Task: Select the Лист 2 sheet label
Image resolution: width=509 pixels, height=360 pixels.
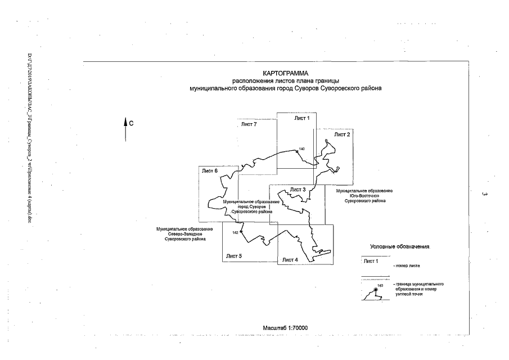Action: tap(342, 134)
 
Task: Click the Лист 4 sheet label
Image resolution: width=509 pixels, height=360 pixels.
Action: tap(290, 259)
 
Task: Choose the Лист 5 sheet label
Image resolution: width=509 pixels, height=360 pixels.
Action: tap(234, 256)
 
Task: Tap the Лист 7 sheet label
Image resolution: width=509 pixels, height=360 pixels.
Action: tap(249, 124)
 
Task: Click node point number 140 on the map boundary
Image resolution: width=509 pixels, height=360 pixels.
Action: tap(296, 150)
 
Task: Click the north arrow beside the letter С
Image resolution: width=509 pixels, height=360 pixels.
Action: tap(125, 128)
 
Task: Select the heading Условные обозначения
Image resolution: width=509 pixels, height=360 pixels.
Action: tap(400, 247)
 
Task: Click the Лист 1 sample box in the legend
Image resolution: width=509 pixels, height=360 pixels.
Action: tap(372, 261)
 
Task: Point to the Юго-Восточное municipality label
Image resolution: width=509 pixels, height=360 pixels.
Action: tap(364, 196)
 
